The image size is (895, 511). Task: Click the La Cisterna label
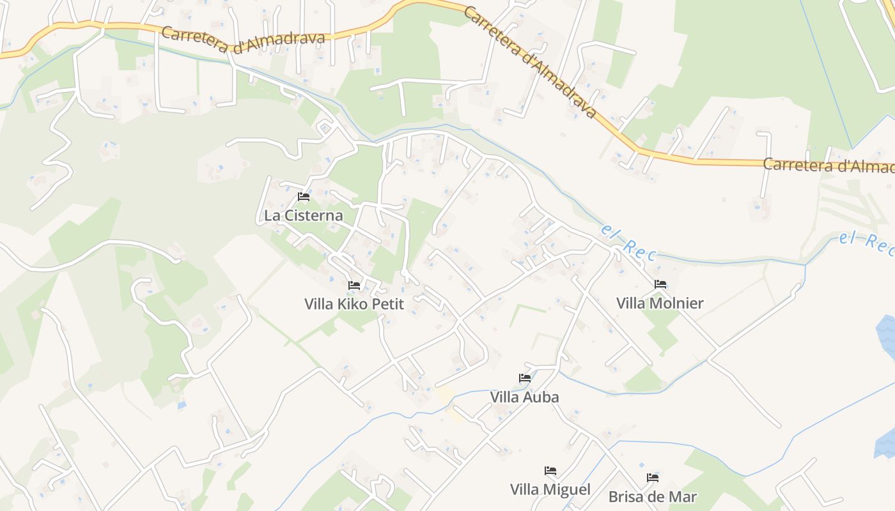(303, 215)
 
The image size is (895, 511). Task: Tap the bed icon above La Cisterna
(304, 197)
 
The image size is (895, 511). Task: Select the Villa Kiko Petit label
(354, 303)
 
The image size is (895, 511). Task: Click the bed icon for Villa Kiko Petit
(354, 285)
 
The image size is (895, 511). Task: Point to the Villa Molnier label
(660, 303)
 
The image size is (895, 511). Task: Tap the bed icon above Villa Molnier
(660, 284)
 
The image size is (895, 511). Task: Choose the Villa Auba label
(524, 397)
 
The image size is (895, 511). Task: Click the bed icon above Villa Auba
(525, 378)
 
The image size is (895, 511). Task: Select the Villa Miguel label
(550, 490)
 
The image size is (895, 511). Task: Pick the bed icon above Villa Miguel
(550, 471)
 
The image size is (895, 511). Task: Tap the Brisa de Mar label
(652, 496)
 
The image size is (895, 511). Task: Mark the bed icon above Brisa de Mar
(653, 478)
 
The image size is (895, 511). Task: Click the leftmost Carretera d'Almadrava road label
(243, 35)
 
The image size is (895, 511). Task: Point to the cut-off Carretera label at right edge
(829, 165)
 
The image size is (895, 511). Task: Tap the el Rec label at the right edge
(866, 243)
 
